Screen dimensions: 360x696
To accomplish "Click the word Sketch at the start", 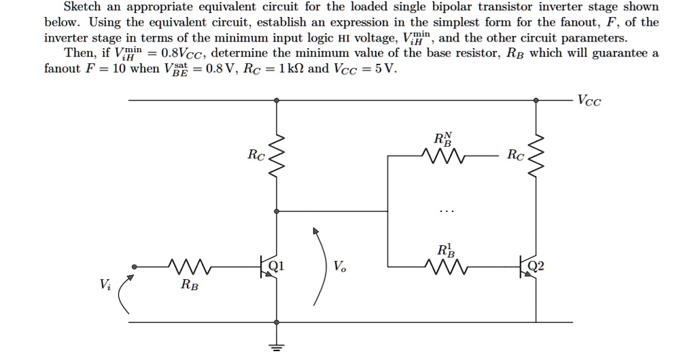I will point(82,7).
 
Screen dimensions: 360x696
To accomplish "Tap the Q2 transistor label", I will point(536,266).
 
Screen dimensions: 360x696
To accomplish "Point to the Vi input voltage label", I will point(103,285).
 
